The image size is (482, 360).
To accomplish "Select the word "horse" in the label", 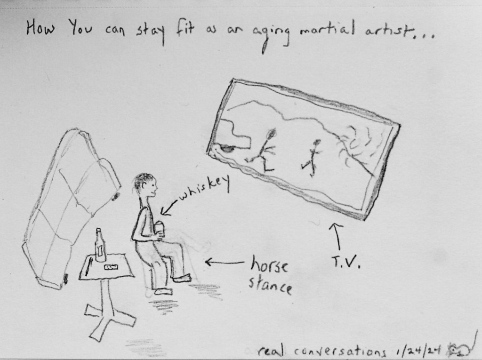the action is (269, 264).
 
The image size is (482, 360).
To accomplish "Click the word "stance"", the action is (270, 286).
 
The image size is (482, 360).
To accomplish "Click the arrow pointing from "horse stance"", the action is (225, 262).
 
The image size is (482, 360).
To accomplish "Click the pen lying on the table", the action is (88, 266).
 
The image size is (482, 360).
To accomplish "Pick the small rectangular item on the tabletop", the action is (111, 267).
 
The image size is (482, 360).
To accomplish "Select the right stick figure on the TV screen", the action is (313, 158).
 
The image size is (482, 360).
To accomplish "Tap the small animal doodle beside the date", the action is (459, 349).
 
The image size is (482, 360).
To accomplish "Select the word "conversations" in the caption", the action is (340, 351).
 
